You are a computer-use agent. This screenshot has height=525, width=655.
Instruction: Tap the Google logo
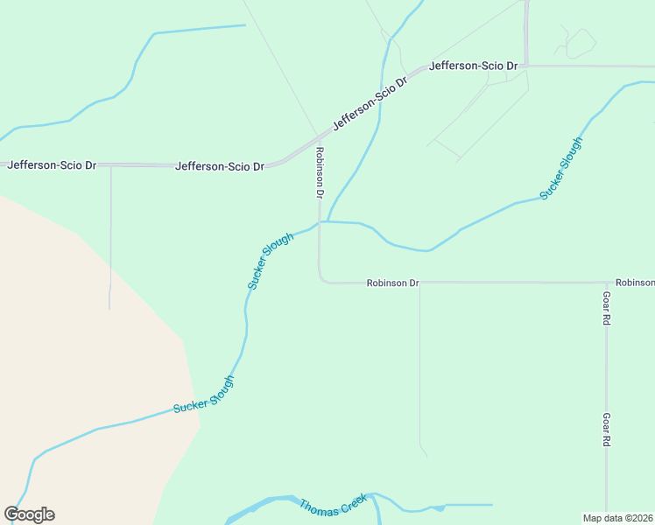tap(29, 514)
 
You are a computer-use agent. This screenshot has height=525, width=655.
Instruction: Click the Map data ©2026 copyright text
tap(617, 517)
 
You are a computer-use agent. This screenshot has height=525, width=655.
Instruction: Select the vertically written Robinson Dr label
tap(320, 172)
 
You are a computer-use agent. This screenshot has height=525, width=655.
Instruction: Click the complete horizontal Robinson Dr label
tap(392, 283)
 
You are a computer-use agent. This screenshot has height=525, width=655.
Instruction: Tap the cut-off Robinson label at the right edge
tap(634, 283)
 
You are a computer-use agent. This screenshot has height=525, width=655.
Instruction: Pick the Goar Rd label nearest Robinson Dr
tap(605, 309)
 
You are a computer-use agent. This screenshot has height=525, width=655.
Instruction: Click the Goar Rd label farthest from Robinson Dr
tap(605, 430)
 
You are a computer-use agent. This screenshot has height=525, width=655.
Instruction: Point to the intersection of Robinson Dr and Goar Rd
tap(606, 283)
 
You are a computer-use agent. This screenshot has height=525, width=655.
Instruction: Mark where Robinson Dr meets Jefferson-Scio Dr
tap(319, 138)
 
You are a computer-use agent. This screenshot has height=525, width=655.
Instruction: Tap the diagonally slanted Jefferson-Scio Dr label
tap(370, 103)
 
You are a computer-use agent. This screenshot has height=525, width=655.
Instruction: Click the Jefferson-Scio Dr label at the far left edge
tap(52, 164)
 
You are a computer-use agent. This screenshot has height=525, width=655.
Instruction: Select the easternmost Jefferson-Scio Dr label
tap(474, 66)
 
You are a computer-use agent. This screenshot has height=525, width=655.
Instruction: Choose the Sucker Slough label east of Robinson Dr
tap(560, 169)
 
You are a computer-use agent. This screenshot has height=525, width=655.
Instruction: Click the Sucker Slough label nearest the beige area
tap(204, 395)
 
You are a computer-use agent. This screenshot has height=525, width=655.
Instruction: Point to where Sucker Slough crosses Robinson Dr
tap(320, 222)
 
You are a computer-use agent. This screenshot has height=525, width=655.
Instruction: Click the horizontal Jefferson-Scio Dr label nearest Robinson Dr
tap(220, 165)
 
